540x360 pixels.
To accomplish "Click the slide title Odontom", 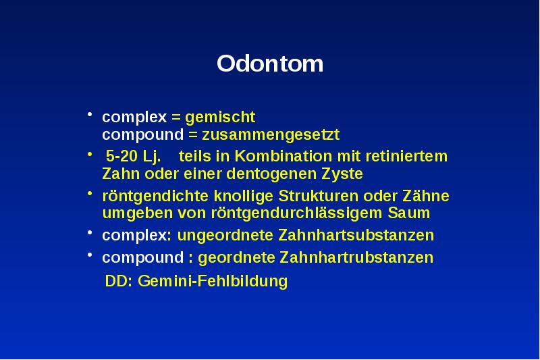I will [x=270, y=64].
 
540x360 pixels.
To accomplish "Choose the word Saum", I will [x=410, y=213].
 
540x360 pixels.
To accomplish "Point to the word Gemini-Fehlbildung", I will [x=213, y=281].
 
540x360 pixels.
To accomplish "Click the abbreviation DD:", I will [x=119, y=281].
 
